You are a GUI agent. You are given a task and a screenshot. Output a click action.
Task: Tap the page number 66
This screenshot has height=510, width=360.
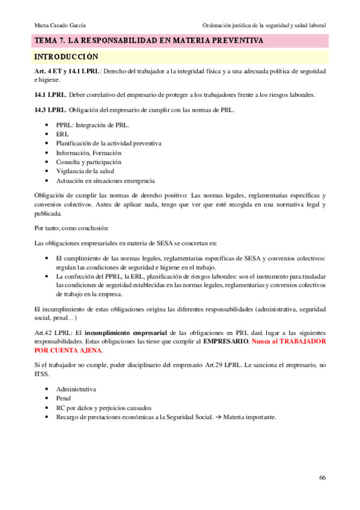click(322, 477)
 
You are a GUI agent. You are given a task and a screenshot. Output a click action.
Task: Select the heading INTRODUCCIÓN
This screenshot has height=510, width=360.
click(66, 57)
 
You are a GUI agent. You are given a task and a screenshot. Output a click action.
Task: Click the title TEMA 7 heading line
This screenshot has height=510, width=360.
click(148, 41)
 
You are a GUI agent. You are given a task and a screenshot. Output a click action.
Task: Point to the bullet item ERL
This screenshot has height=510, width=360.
click(62, 134)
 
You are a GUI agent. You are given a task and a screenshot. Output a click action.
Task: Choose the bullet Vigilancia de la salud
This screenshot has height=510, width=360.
click(85, 171)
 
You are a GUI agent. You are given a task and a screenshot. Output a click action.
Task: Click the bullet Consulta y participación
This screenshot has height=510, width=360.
click(88, 162)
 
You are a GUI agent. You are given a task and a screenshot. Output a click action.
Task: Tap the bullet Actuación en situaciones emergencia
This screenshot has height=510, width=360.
click(105, 180)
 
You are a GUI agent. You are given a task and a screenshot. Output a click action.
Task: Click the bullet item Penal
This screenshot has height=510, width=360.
click(64, 398)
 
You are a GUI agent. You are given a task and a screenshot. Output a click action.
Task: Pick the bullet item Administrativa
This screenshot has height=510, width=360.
click(76, 389)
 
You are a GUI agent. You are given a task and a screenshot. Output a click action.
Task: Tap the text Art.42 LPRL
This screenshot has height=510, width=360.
click(53, 332)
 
